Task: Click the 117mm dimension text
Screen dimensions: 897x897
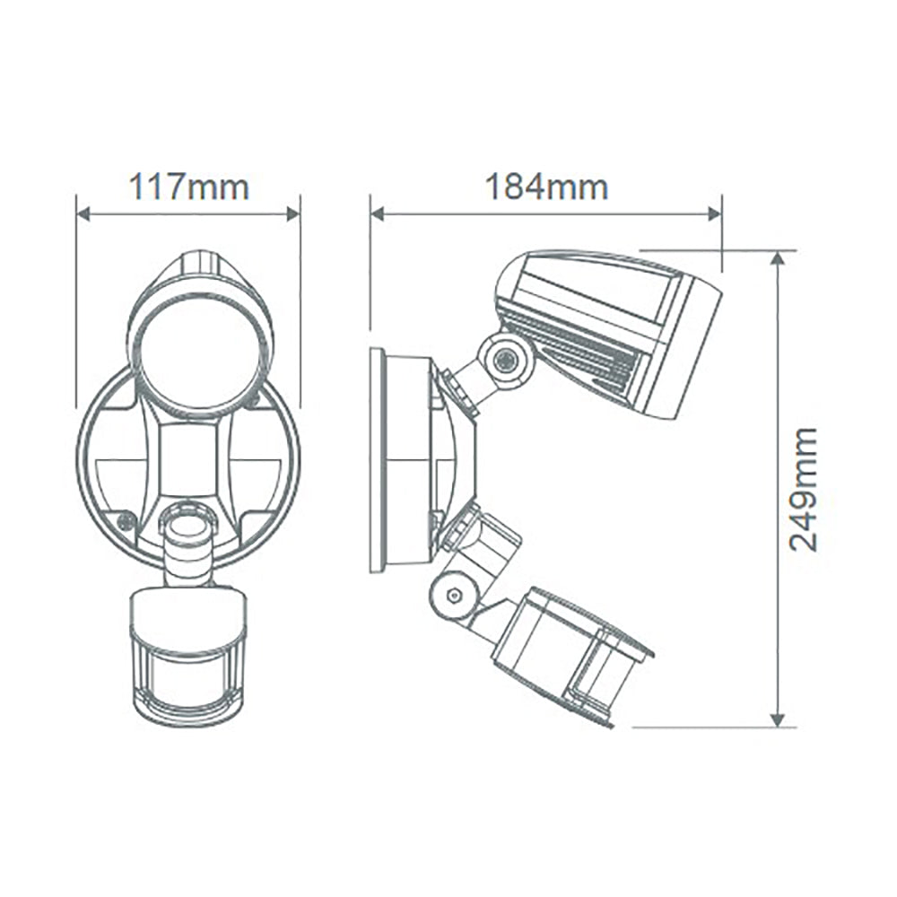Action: click(x=188, y=187)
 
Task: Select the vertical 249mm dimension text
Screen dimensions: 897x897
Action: click(x=803, y=489)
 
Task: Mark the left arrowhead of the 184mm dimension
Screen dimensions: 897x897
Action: click(x=378, y=213)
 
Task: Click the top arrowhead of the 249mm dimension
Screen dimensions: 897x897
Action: click(x=778, y=258)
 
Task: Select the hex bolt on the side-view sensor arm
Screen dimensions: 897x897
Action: click(x=454, y=595)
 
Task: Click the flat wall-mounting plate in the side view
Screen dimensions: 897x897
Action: click(x=378, y=459)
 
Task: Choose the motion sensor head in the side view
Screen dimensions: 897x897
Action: click(x=570, y=650)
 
